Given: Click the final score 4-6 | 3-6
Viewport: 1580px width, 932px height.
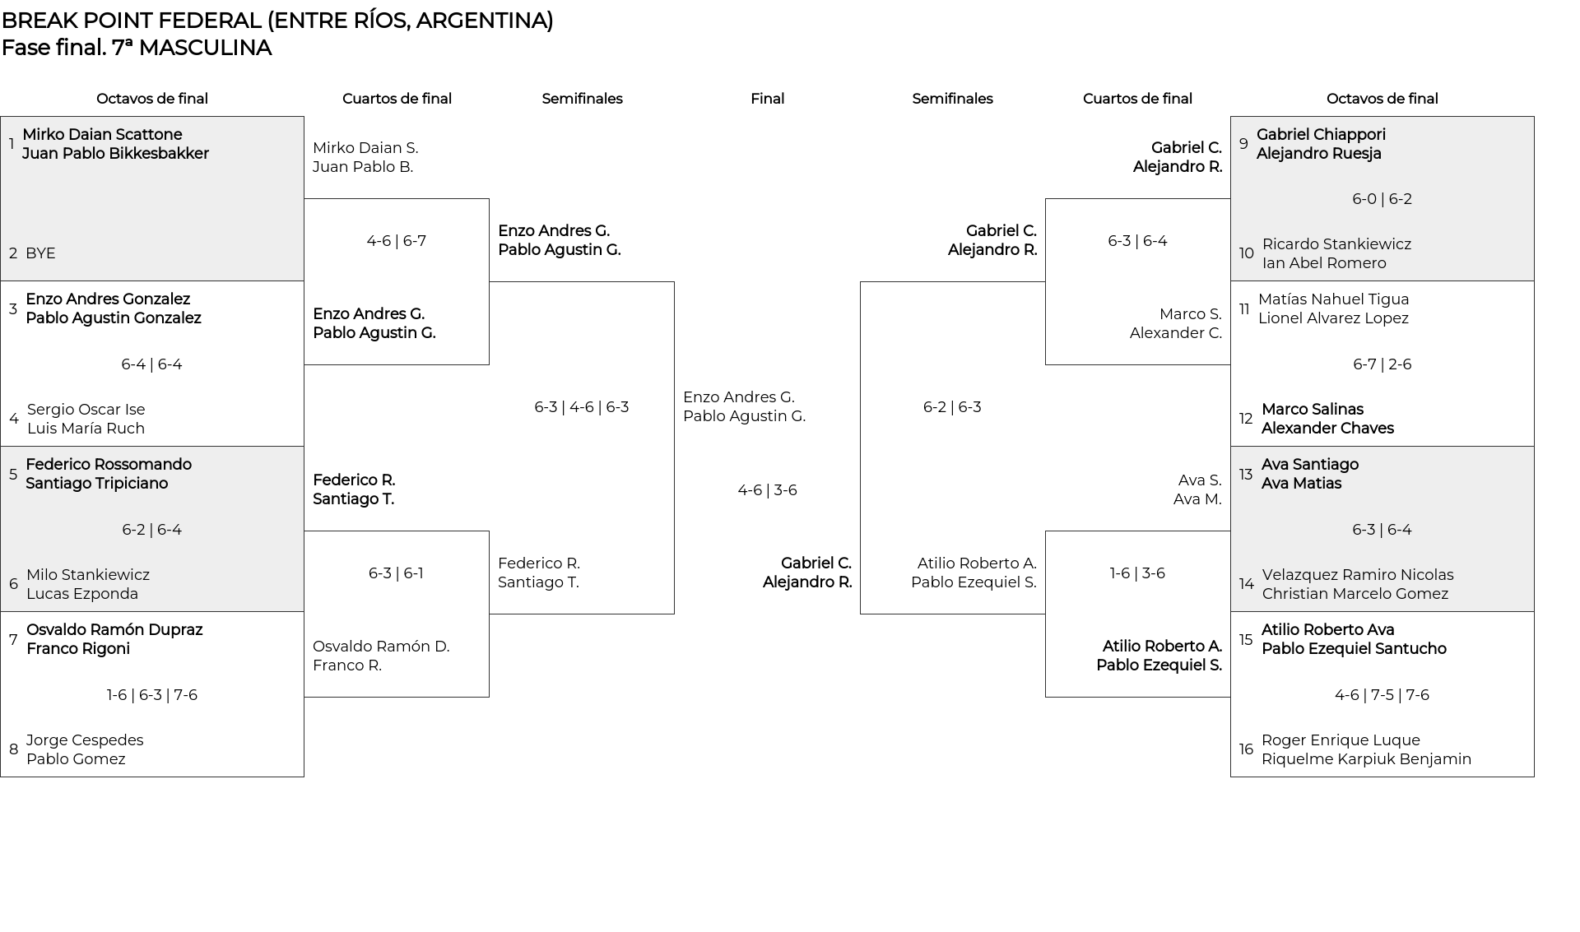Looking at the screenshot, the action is (767, 490).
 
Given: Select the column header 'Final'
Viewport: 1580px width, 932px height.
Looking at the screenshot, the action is (767, 99).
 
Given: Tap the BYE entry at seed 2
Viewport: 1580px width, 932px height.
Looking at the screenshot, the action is (40, 253).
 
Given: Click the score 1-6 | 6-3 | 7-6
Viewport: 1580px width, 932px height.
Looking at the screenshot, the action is (152, 695).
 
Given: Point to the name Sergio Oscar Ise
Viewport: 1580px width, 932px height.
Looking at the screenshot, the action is (86, 410).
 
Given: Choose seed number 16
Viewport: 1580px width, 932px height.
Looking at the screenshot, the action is (1246, 749).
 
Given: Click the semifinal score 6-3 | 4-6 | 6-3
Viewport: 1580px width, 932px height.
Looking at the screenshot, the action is (582, 407).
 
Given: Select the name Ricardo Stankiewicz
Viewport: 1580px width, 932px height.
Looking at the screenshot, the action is (1336, 244).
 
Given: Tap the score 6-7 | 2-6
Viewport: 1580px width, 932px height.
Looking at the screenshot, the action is (1382, 364).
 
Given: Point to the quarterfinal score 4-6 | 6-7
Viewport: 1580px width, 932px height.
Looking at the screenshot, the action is (397, 241).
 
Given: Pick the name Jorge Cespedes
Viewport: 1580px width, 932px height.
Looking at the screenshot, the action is (85, 740).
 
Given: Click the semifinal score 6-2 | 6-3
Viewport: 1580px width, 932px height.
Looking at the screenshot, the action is (952, 407).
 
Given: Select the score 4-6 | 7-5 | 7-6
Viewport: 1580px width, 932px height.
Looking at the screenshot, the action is (1382, 695).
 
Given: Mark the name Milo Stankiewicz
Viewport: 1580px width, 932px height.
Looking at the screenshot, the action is (88, 575).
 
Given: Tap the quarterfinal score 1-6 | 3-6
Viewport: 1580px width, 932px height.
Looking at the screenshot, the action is (1137, 573).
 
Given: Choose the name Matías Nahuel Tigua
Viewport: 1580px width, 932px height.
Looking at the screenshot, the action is (1333, 299).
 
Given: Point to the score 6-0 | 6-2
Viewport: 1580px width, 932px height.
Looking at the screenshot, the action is (1382, 199).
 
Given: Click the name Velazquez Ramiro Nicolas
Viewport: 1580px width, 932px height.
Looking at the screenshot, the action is (1358, 575).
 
